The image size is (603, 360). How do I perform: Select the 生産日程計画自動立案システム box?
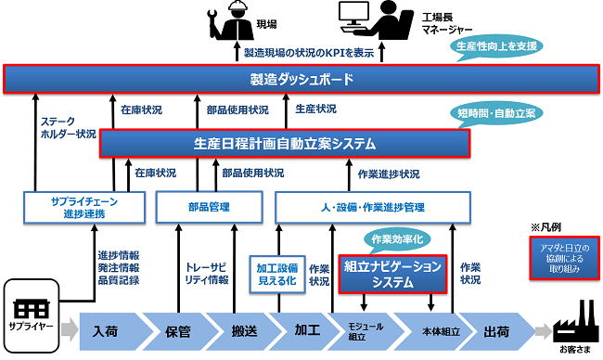point(285,143)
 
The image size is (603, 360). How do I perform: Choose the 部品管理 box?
point(207,206)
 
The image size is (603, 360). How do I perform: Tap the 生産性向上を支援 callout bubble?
point(496,45)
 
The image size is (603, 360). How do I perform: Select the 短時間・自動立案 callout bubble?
point(499,113)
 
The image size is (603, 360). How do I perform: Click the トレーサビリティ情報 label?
point(207,270)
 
